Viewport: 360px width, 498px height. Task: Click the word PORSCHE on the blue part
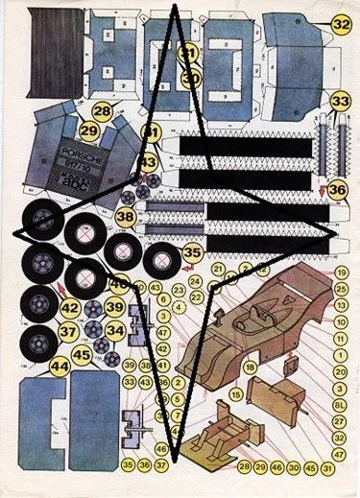81,153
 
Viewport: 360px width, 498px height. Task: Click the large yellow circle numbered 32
341,23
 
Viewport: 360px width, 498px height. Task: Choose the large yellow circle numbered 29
89,130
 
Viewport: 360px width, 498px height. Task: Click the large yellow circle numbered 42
70,308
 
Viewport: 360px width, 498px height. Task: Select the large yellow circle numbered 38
126,218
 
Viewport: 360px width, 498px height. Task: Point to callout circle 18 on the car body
249,367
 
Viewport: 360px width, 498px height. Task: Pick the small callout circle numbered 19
339,273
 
